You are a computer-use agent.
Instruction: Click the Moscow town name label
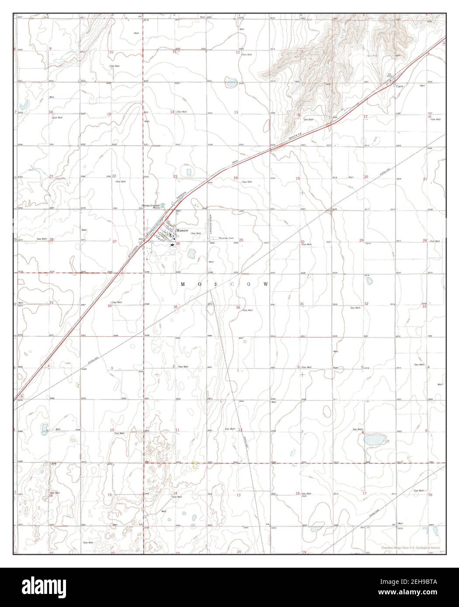coord(182,230)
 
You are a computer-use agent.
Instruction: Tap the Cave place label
coord(399,86)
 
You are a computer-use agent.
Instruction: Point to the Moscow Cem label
coord(226,238)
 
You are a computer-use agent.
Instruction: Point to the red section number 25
coord(241,240)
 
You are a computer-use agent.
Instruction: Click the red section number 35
coord(176,307)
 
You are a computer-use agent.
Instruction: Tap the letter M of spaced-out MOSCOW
coord(182,284)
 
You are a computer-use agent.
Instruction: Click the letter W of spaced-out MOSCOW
coord(265,284)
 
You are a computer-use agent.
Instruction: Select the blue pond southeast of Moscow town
coord(191,252)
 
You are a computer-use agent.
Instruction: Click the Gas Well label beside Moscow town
coord(195,234)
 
